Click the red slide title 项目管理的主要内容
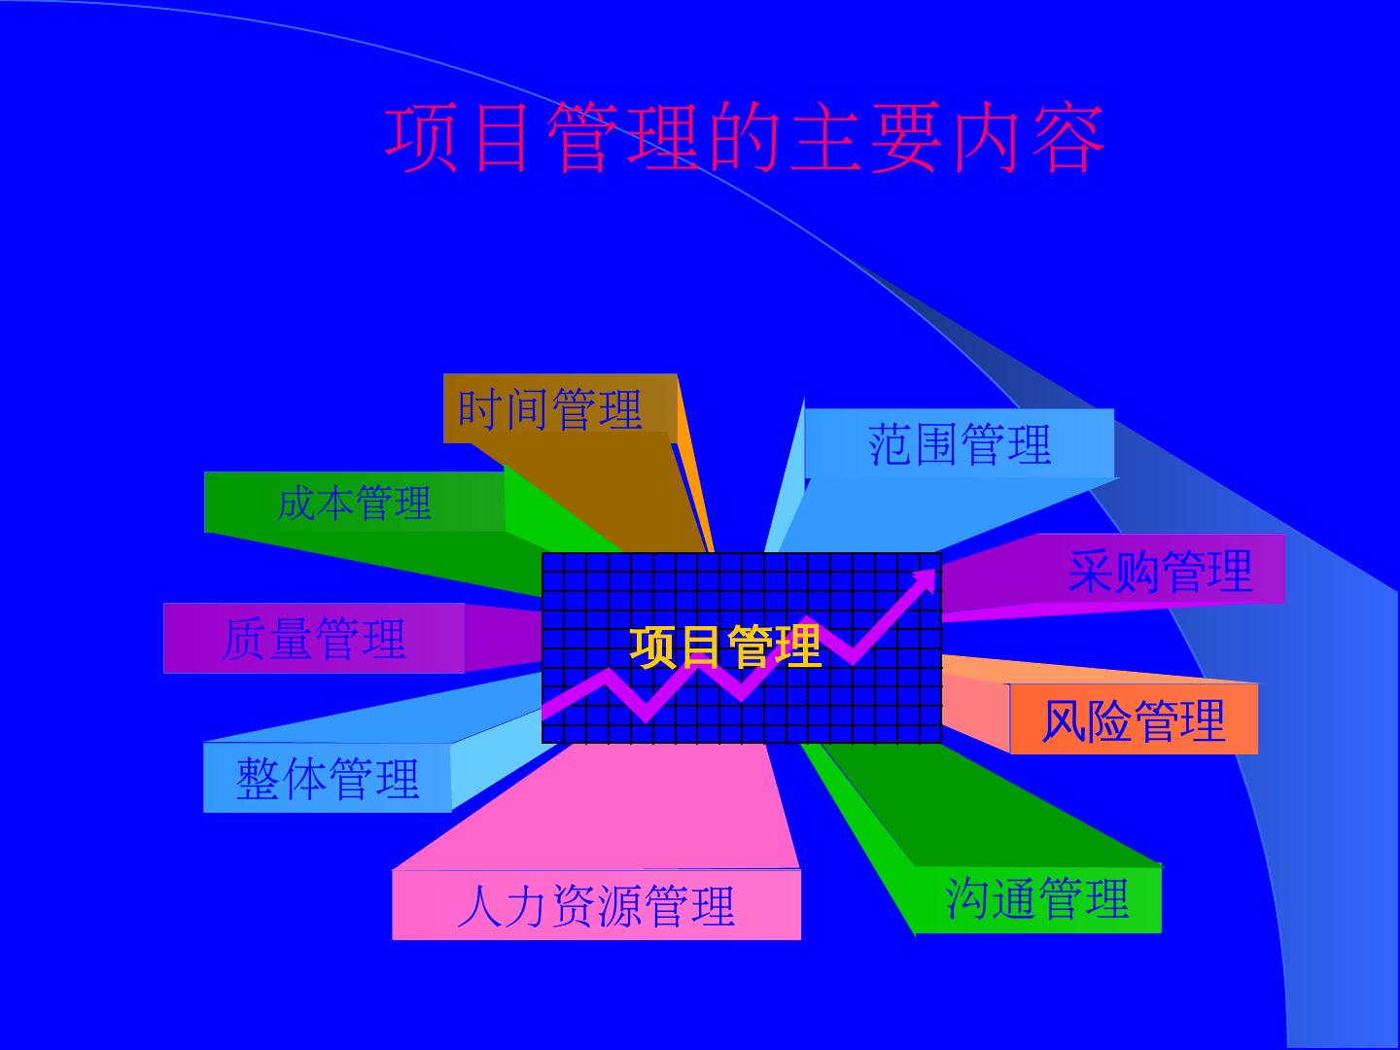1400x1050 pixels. coord(746,138)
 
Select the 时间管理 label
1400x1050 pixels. coord(550,408)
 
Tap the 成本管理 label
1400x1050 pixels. coord(354,503)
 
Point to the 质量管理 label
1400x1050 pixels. coord(314,639)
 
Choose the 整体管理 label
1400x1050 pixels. coord(328,779)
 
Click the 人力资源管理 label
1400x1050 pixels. coord(596,905)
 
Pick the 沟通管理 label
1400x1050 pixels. coord(1037,898)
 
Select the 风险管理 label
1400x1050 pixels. coord(1134,720)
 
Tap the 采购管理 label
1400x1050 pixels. coord(1160,570)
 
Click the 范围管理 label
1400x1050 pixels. coord(960,444)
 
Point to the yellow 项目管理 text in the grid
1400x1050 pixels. coord(725,647)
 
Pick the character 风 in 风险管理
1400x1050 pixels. coord(1065,721)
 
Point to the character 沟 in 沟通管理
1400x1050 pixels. coord(968,898)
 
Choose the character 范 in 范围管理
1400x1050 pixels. coord(891,444)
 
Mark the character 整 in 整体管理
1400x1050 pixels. coord(259,779)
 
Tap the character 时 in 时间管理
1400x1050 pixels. coord(480,408)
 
